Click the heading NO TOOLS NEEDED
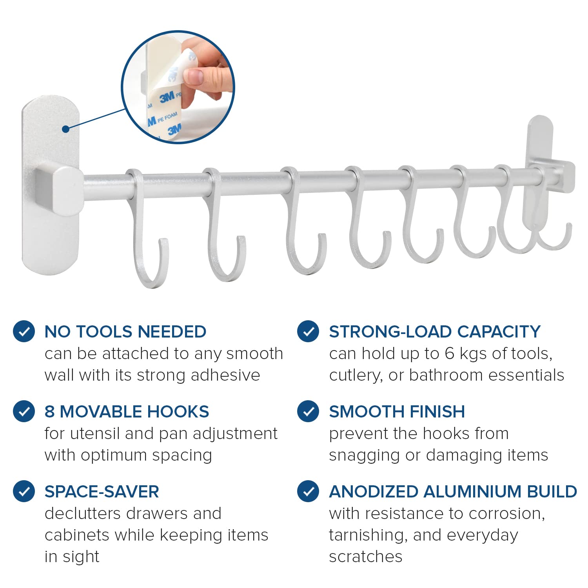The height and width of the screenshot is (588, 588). point(125,332)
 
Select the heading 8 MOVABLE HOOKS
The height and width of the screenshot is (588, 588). point(127,412)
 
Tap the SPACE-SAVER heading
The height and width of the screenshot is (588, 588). point(102,492)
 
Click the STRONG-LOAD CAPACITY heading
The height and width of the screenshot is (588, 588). point(435,332)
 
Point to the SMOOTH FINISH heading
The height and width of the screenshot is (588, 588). point(397,412)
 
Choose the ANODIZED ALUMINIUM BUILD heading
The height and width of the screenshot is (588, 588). point(453,492)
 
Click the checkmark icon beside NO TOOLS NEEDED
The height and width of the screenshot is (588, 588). point(24,332)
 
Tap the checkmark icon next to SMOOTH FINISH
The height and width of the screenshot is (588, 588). point(308,411)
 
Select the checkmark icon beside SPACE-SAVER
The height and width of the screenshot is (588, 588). point(24,491)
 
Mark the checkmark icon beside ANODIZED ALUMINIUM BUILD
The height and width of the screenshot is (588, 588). point(308,491)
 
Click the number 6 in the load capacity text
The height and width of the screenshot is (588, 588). point(449,354)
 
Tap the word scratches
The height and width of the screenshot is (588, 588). point(366,557)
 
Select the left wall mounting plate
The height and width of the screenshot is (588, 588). point(51,185)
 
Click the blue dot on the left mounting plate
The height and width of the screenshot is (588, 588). point(65,129)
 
